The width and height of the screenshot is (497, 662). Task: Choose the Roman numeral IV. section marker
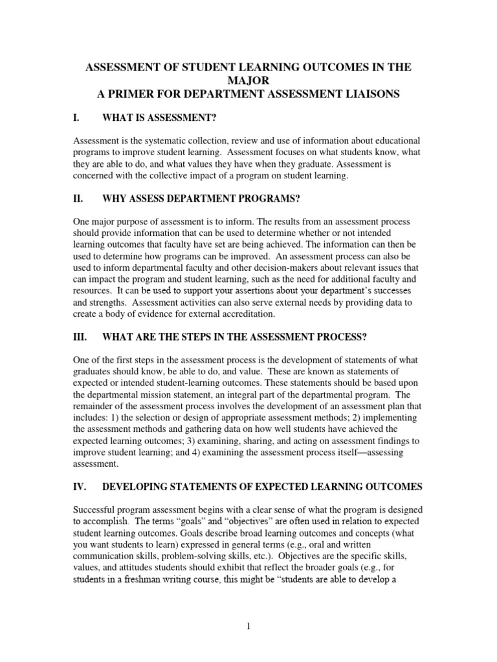[x=80, y=486]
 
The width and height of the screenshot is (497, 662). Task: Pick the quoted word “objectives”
[x=263, y=520]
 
